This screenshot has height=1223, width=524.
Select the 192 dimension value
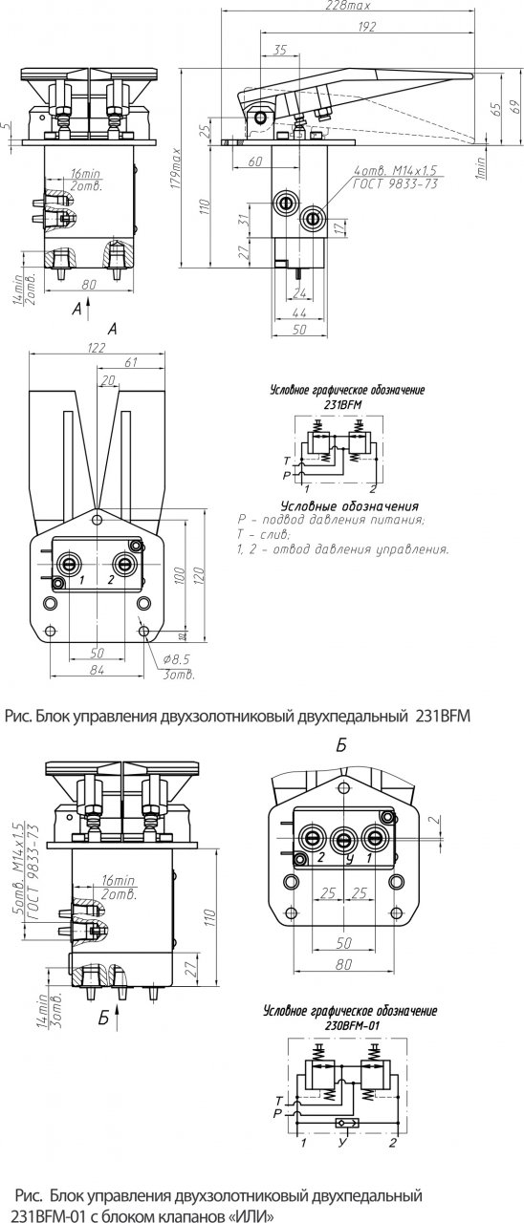tap(367, 29)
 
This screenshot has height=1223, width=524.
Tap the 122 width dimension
tap(97, 349)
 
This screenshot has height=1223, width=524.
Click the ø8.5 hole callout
tap(175, 660)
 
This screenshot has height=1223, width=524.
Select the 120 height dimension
tap(198, 578)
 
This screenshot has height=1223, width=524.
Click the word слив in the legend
tap(273, 534)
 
